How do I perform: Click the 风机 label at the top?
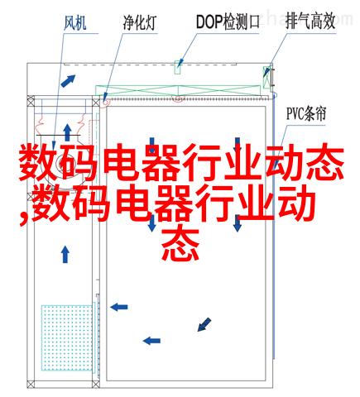point(74,23)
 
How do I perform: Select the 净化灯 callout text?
point(140,22)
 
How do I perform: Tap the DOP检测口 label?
point(228,22)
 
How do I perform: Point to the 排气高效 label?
point(310,22)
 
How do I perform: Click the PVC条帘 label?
point(306,114)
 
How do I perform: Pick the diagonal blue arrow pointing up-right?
point(68,81)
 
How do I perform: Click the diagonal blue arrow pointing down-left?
point(204,324)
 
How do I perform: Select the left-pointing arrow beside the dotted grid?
point(119,307)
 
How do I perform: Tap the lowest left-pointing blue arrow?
point(151,341)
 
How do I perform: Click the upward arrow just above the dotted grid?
point(65,255)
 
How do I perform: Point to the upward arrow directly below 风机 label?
point(67,132)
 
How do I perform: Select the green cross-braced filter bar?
point(178,91)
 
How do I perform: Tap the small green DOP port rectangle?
point(177,67)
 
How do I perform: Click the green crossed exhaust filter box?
point(266,77)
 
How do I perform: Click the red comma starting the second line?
point(23,218)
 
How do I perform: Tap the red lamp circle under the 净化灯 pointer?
point(106,102)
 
